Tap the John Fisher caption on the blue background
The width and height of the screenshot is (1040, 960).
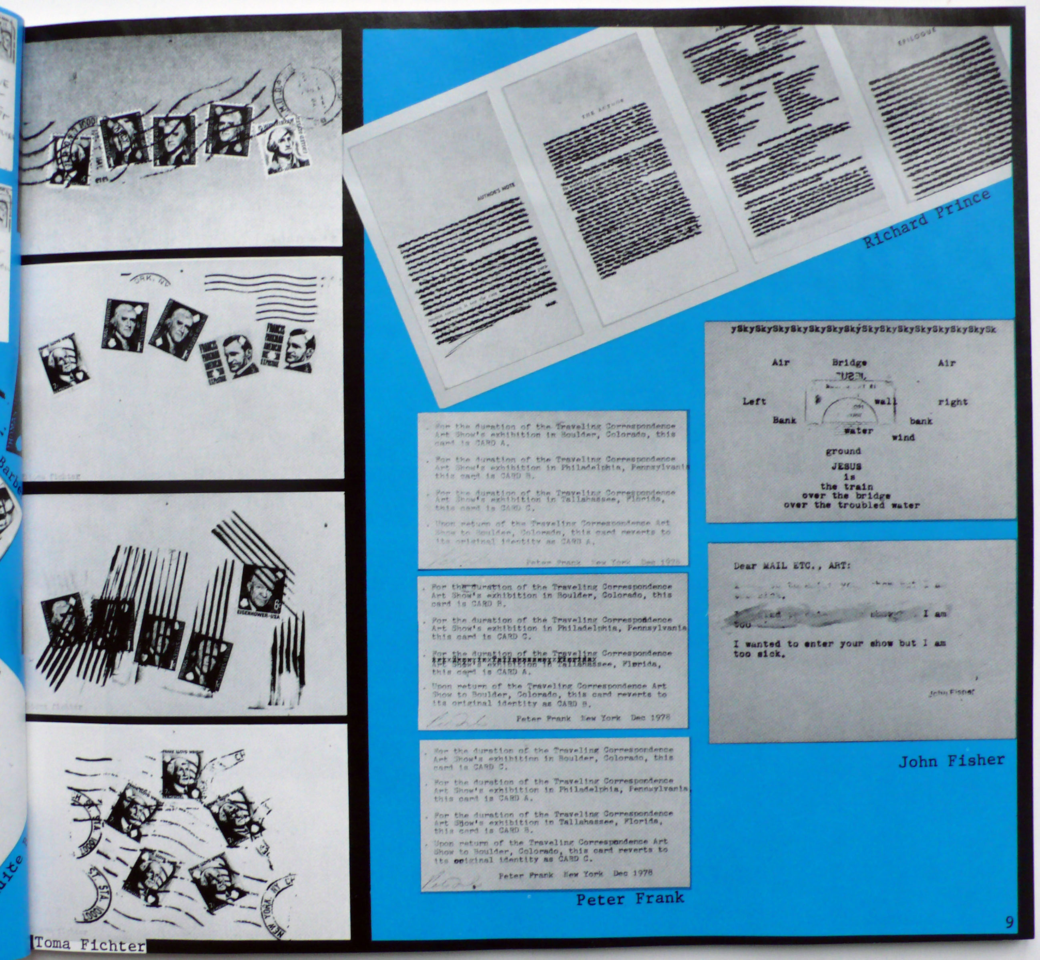[x=951, y=761]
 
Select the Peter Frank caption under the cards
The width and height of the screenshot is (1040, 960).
[x=630, y=898]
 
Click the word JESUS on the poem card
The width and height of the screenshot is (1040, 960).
[x=846, y=466]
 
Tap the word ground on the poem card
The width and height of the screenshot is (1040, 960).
[x=843, y=451]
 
